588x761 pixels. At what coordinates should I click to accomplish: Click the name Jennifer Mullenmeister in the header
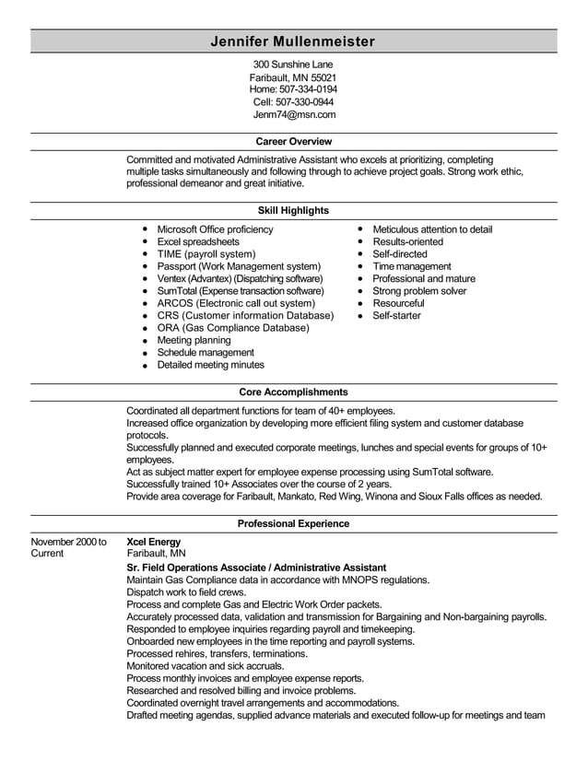tap(293, 41)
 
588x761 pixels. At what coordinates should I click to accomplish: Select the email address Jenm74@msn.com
tap(294, 115)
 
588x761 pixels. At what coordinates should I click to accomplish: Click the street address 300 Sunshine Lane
tap(293, 64)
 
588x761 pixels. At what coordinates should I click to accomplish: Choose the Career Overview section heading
tap(293, 142)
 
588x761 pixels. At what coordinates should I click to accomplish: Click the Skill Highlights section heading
tap(293, 211)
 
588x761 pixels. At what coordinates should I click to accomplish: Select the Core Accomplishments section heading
tap(293, 392)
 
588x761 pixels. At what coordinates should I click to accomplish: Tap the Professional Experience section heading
tap(293, 523)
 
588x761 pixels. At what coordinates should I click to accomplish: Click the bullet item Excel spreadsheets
tap(198, 241)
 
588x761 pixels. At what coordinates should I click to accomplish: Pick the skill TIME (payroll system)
tap(206, 253)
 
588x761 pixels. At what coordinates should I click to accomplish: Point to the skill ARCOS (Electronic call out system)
tap(236, 303)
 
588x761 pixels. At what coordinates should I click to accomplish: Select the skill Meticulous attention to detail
tap(432, 229)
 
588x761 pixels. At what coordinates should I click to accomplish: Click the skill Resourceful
tap(398, 303)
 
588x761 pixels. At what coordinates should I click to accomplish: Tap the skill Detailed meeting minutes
tap(211, 365)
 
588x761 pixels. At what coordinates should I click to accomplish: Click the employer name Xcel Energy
tap(153, 542)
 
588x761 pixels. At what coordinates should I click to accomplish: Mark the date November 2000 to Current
tap(68, 547)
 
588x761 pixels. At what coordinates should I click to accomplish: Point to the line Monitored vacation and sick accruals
tap(205, 665)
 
